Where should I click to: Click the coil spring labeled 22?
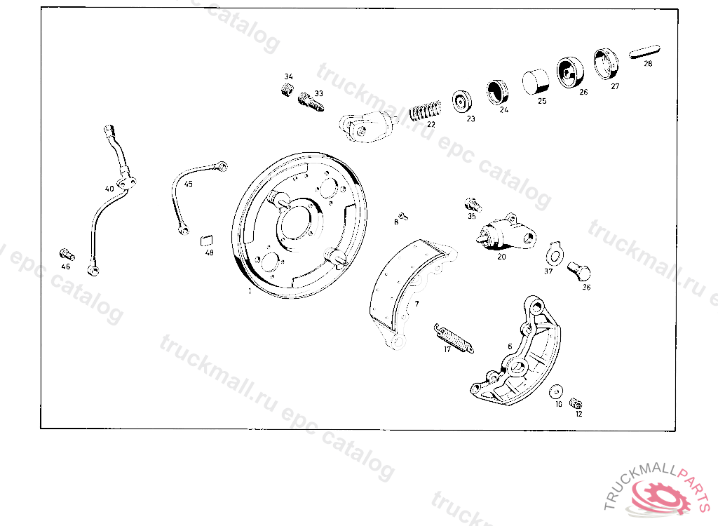coord(425,111)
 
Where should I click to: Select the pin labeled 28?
coord(644,52)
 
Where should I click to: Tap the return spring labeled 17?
coord(454,337)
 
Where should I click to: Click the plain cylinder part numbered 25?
coord(536,81)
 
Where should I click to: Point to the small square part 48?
coord(207,238)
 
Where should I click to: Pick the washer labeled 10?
coord(557,391)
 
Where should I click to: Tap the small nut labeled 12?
coord(577,403)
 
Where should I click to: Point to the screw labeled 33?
coord(310,102)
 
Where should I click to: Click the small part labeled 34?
coord(286,90)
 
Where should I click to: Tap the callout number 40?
coord(109,189)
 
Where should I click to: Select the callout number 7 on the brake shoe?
coord(416,304)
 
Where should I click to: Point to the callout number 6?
coord(510,346)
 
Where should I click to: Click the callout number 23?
coord(470,119)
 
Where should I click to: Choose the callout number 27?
coord(615,86)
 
